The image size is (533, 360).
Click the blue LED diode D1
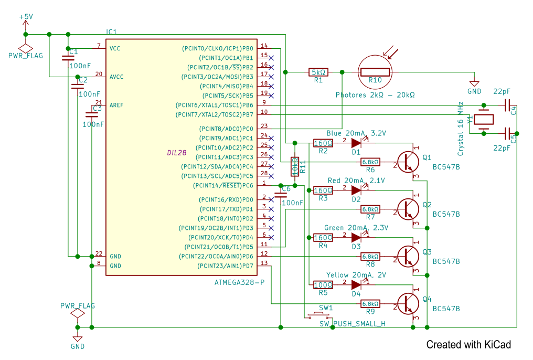pyautogui.click(x=357, y=142)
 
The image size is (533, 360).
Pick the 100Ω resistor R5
pyautogui.click(x=323, y=285)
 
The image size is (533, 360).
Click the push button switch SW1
pyautogui.click(x=318, y=315)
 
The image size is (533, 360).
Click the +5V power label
pyautogui.click(x=25, y=17)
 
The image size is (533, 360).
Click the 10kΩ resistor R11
pyautogui.click(x=295, y=166)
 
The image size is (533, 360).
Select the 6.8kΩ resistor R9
pyautogui.click(x=370, y=303)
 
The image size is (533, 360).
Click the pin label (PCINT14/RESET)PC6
pyautogui.click(x=222, y=185)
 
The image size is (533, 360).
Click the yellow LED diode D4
pyautogui.click(x=357, y=285)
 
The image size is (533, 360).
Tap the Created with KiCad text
pyautogui.click(x=468, y=345)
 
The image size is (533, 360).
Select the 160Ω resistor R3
pyautogui.click(x=323, y=190)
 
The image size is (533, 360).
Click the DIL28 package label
pyautogui.click(x=177, y=153)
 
